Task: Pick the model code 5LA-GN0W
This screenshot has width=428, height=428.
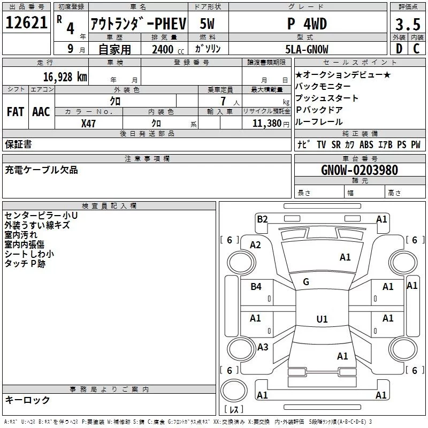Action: (307, 49)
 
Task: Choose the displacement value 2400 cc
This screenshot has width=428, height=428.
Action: (165, 49)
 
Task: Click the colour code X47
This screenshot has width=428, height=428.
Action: (89, 123)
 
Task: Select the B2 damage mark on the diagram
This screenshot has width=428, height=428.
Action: (262, 219)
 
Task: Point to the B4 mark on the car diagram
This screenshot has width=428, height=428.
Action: (256, 287)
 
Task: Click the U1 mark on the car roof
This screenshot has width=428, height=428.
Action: (322, 319)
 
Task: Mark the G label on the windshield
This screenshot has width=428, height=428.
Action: (306, 281)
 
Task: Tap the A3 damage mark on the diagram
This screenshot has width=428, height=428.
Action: (262, 347)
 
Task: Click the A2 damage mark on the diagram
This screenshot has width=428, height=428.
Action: (256, 245)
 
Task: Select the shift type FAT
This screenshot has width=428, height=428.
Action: (15, 111)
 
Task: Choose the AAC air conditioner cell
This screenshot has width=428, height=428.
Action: (41, 111)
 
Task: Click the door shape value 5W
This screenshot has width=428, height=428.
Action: (208, 24)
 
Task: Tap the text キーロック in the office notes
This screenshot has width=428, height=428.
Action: (27, 400)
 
